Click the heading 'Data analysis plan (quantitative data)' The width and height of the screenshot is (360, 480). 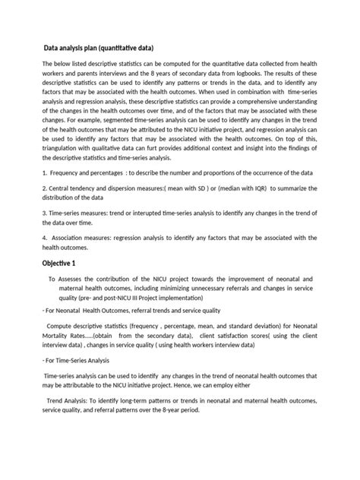click(102, 46)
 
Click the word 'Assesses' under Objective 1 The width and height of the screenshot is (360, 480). click(77, 279)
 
